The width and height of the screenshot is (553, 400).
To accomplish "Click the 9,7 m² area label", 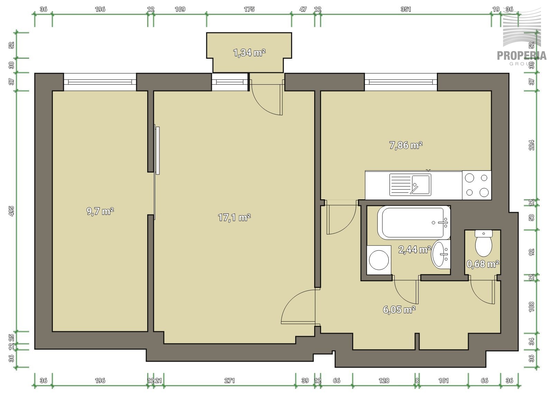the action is (x=100, y=211).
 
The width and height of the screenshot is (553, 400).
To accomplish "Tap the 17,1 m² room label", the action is (x=234, y=217).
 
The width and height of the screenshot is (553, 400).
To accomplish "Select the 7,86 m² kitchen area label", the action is (x=406, y=145).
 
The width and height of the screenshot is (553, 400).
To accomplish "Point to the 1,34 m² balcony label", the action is (x=249, y=53).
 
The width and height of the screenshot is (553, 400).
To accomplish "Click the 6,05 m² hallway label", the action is (x=399, y=309).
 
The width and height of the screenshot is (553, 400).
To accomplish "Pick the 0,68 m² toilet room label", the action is (x=482, y=264).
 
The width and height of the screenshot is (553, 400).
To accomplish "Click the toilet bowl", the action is (x=484, y=243).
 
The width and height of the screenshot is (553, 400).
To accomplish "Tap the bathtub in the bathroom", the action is (x=414, y=222).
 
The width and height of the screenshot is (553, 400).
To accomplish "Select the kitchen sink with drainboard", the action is (x=410, y=185).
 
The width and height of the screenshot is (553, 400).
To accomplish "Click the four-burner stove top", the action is (x=477, y=185).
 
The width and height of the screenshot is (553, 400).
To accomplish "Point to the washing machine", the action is (x=379, y=260).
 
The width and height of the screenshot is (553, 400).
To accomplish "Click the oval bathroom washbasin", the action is (x=441, y=254).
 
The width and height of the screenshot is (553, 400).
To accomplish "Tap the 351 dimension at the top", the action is (x=406, y=9).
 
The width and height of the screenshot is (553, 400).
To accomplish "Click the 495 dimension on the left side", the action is (x=12, y=211).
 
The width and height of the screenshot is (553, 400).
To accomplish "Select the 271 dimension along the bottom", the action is (x=229, y=381).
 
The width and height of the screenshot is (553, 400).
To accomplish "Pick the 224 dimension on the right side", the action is (x=532, y=145).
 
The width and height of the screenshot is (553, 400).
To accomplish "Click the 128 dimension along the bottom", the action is (x=384, y=381).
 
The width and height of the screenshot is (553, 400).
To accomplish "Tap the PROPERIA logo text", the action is (x=522, y=56).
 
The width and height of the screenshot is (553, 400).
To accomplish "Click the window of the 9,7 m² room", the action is (x=100, y=82).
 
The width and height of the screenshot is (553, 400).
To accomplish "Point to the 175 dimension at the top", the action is (x=249, y=9).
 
